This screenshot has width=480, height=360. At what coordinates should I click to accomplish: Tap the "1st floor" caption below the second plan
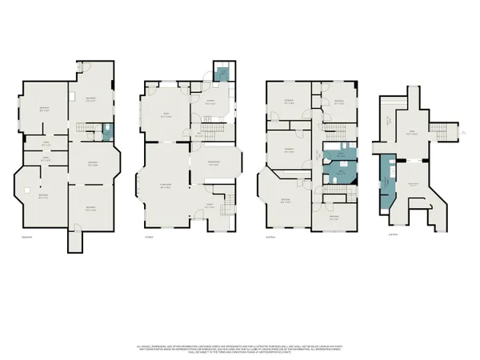[148, 236]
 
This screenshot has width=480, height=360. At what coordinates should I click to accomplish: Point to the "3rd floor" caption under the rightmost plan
[392, 234]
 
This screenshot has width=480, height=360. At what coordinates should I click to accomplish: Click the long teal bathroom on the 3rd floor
[386, 182]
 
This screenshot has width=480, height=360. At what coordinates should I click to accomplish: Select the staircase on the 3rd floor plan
[438, 130]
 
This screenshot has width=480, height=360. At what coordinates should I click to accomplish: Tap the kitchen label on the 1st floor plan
[212, 103]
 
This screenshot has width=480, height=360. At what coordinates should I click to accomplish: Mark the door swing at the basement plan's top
[89, 66]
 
